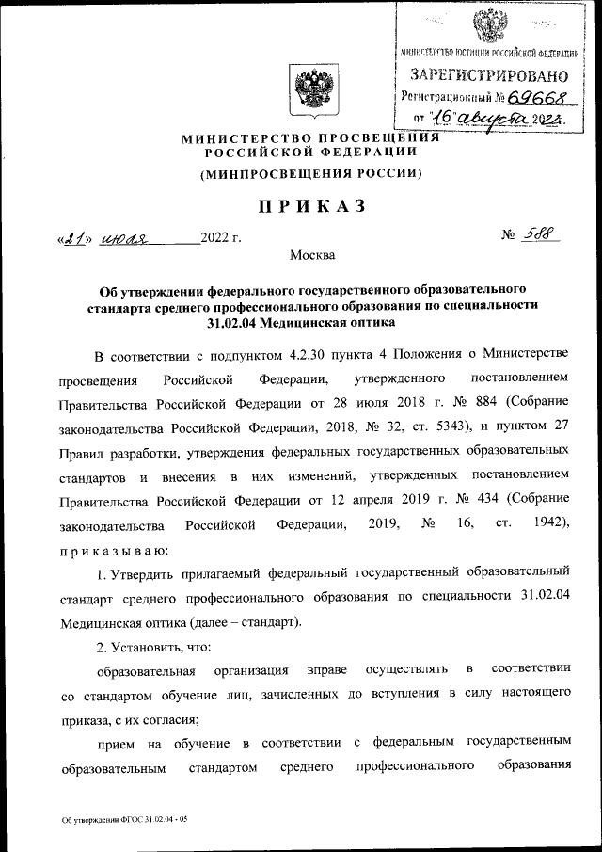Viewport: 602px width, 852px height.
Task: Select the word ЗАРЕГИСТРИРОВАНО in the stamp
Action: pos(487,73)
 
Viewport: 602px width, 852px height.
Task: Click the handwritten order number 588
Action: pos(540,236)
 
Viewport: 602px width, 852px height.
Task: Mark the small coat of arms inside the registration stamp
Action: pos(486,21)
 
